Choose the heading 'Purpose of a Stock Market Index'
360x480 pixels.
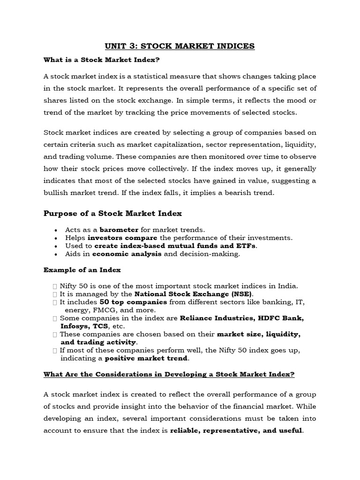(x=112, y=213)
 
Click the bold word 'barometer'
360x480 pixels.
(x=119, y=230)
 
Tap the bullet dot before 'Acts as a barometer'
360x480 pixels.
(x=56, y=230)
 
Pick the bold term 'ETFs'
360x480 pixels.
(x=247, y=246)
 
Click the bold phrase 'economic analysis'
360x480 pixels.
(x=127, y=254)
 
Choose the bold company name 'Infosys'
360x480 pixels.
(x=75, y=326)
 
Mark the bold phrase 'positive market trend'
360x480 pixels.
(x=146, y=358)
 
